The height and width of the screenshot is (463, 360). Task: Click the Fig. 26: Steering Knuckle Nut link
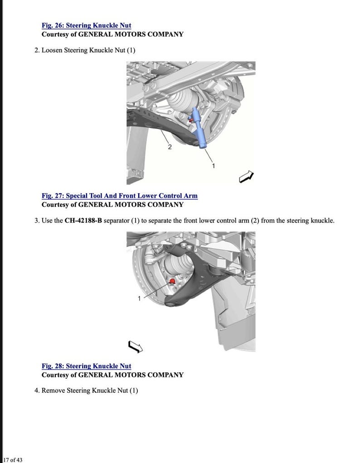86,25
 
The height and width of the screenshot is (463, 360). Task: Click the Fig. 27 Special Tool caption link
119,195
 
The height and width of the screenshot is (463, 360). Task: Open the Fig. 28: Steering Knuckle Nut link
86,366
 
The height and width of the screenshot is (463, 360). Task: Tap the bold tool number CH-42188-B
83,220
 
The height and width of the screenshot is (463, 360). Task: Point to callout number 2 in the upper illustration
170,147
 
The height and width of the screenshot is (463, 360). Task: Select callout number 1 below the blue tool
214,166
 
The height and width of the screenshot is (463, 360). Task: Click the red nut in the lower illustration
172,282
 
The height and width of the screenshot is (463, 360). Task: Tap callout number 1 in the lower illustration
139,298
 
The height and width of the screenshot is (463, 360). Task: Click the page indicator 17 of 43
13,459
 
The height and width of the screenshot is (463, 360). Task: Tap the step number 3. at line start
37,220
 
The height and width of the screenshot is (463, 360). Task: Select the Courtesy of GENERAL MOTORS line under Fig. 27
112,204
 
